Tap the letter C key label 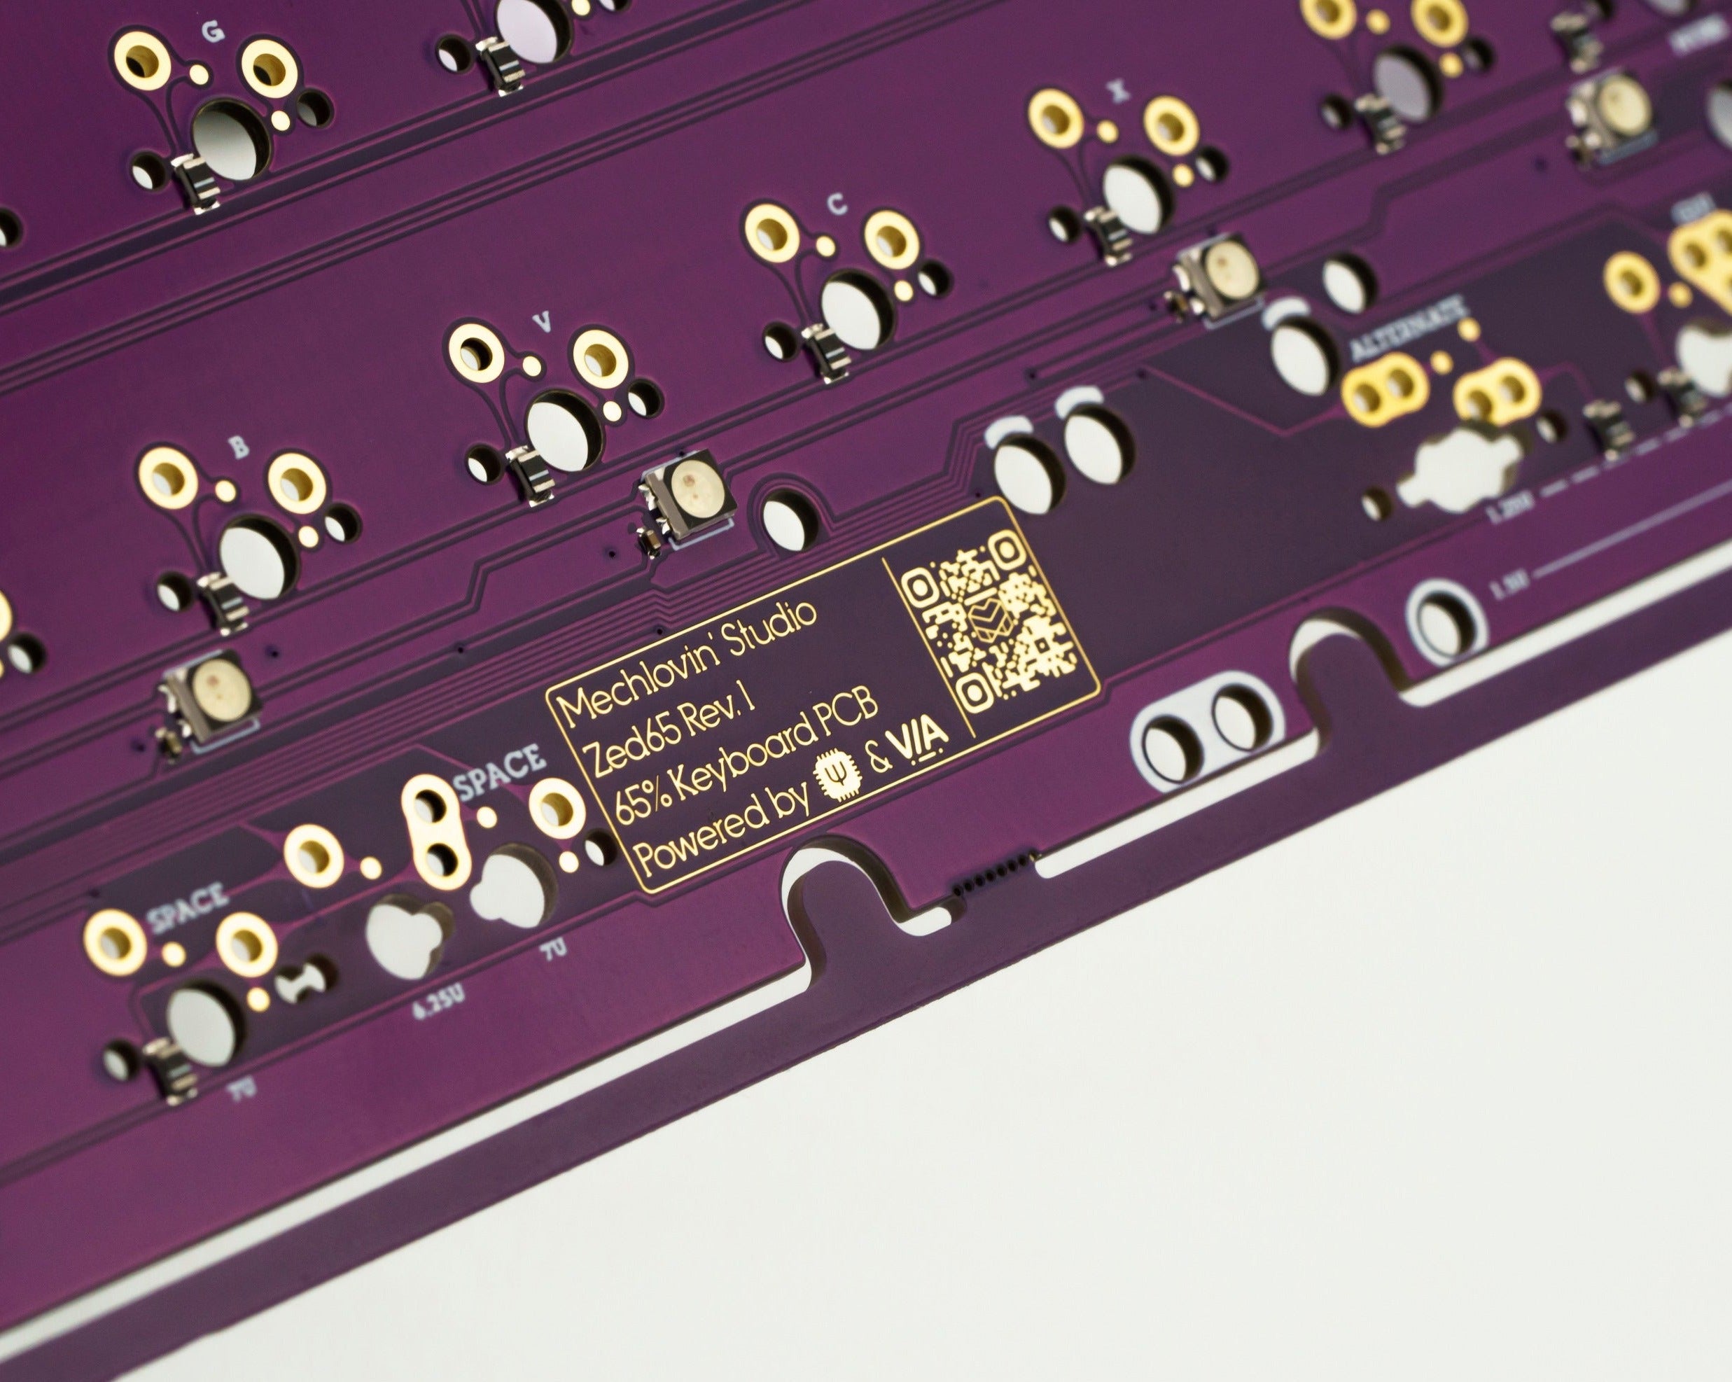(x=837, y=206)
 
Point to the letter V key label (x=543, y=322)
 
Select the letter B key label (x=239, y=448)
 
